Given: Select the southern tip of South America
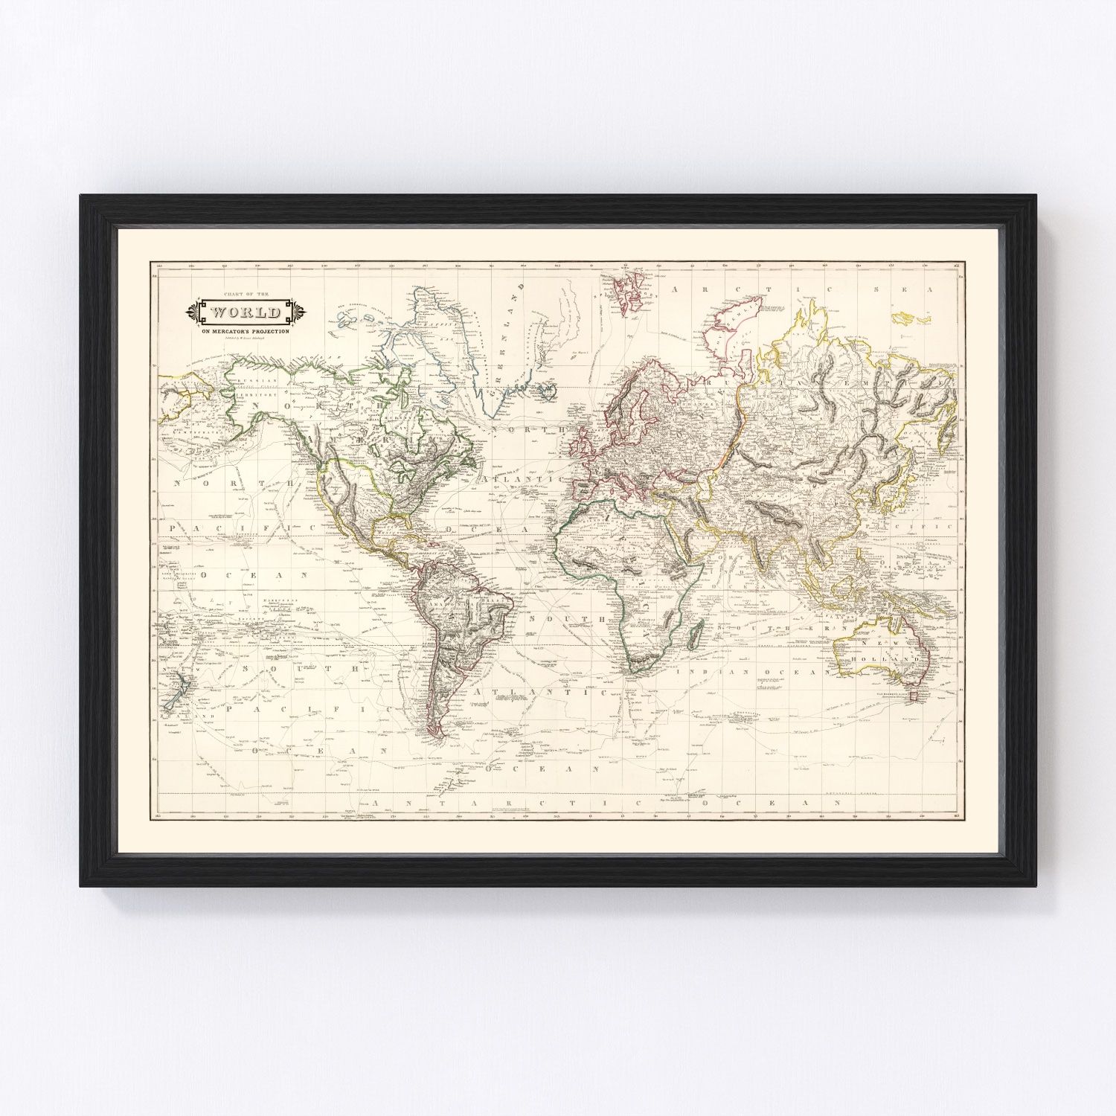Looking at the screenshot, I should tap(442, 737).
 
